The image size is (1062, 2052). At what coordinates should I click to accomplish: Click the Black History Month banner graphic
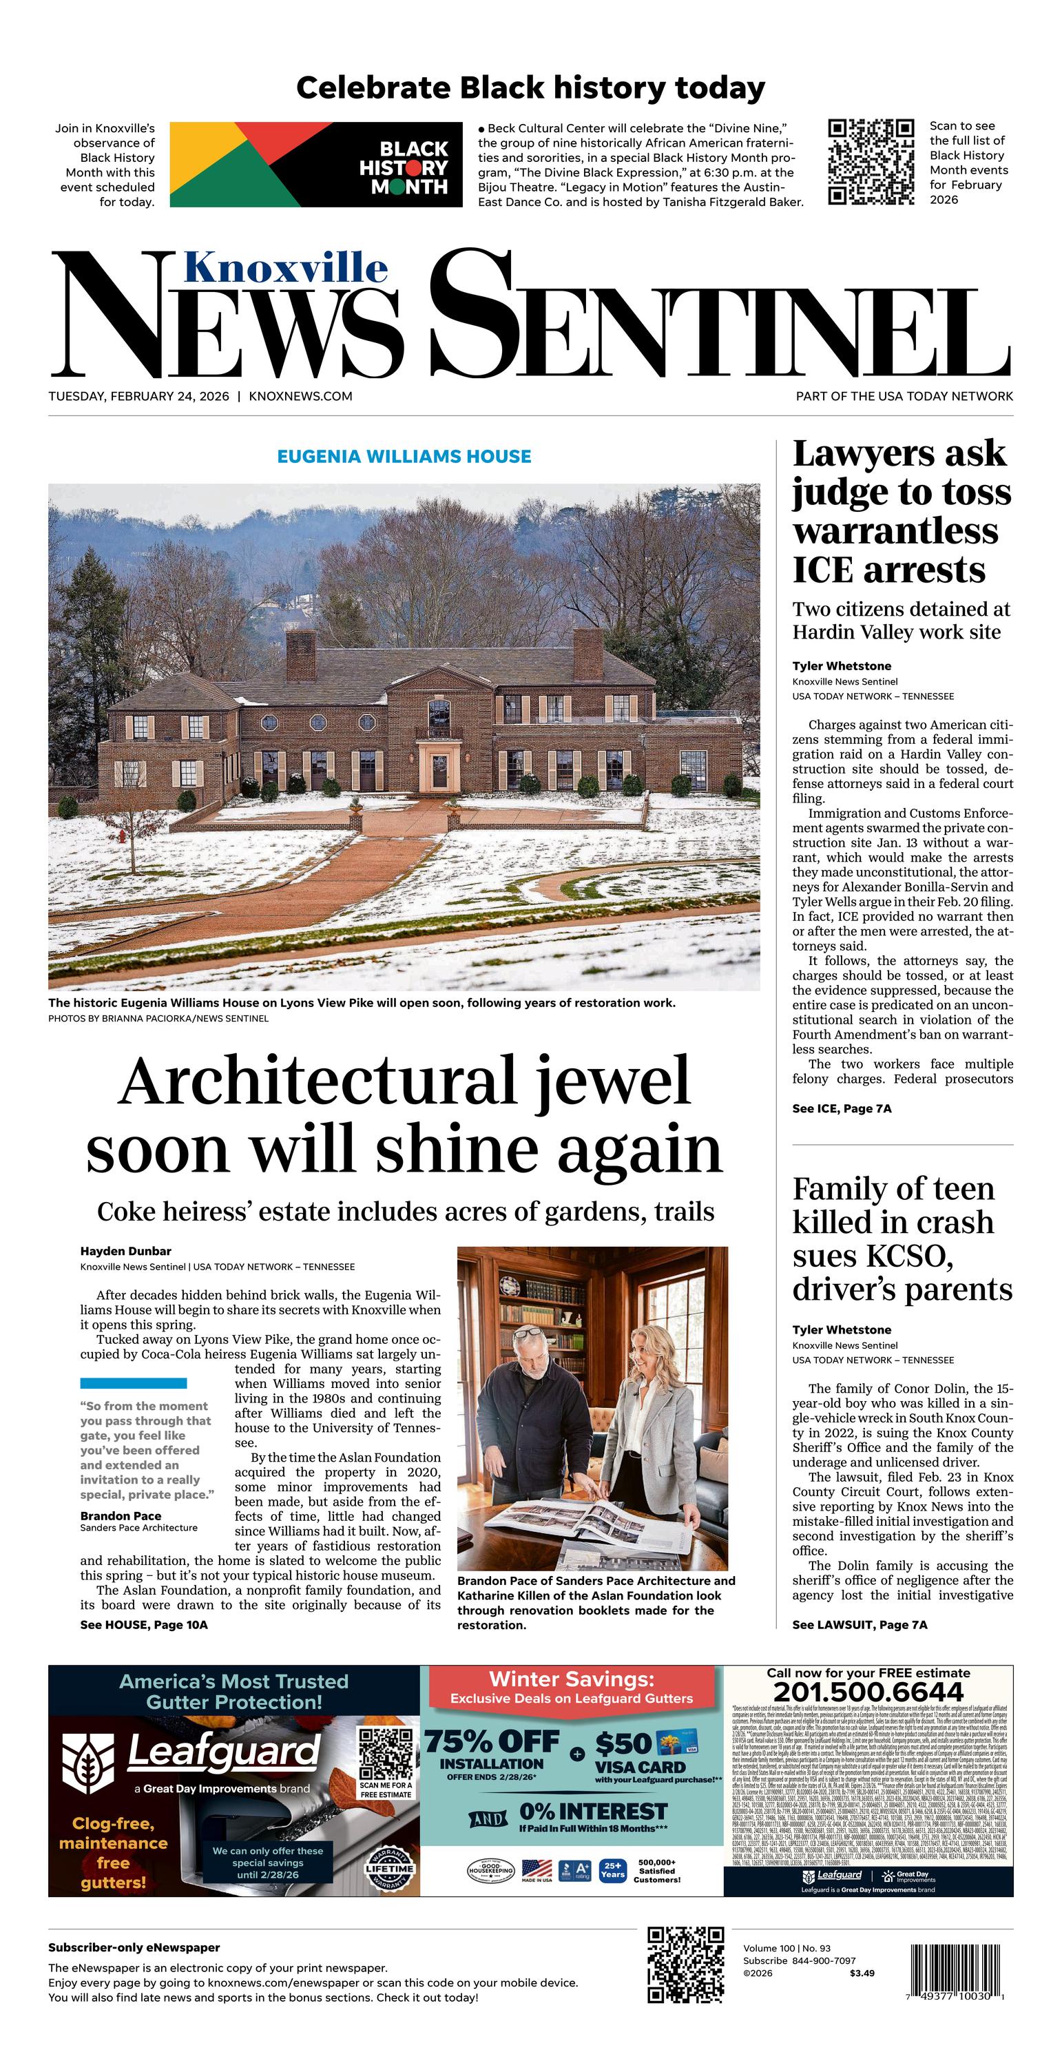[315, 164]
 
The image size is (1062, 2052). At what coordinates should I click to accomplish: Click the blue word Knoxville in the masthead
[285, 268]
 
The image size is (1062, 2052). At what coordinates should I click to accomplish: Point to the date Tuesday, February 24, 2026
[138, 396]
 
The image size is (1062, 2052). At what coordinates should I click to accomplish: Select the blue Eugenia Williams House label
[404, 457]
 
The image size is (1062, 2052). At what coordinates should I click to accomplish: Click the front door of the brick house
[439, 770]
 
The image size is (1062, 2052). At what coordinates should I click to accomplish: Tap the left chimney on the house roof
[300, 656]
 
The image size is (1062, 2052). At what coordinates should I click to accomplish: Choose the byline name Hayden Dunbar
[126, 1251]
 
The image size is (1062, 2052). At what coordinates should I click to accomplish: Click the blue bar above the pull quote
[133, 1383]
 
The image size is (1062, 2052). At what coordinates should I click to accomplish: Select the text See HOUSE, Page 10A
[143, 1624]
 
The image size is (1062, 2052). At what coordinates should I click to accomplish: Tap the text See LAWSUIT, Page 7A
[860, 1624]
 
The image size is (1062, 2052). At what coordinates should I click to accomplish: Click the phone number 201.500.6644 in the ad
[868, 1692]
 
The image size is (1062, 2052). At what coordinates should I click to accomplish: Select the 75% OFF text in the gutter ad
[492, 1742]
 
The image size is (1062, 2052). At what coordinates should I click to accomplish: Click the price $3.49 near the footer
[862, 1973]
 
